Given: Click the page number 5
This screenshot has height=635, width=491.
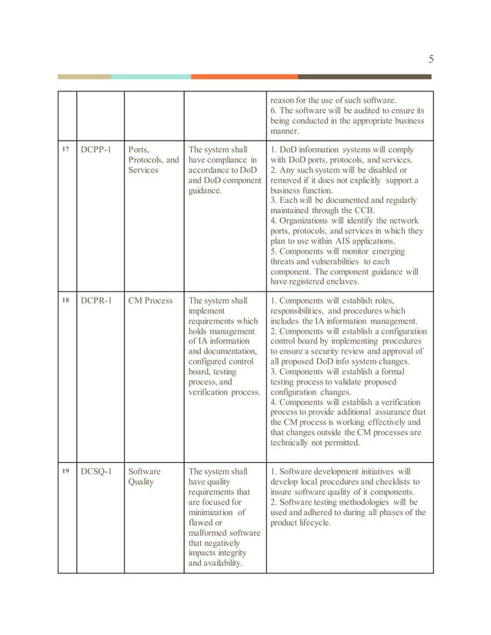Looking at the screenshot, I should tap(430, 58).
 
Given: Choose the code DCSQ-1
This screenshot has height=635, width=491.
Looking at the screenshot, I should tap(98, 470).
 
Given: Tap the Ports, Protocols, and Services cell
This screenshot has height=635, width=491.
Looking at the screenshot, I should tap(153, 160).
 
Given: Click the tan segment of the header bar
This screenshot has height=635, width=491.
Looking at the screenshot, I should tap(85, 77).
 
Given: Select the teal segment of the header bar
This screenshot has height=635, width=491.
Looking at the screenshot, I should tap(151, 77).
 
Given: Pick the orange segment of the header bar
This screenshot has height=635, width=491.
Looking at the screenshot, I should tap(244, 77).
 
